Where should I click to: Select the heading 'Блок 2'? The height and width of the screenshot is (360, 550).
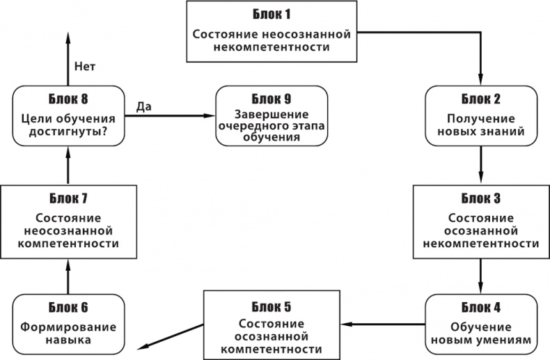pyautogui.click(x=480, y=97)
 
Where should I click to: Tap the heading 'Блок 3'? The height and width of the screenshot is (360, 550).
pyautogui.click(x=481, y=197)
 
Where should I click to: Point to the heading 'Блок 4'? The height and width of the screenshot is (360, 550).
pyautogui.click(x=480, y=306)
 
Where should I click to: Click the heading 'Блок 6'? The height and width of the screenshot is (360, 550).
pyautogui.click(x=68, y=306)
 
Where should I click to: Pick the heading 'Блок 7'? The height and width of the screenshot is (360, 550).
pyautogui.click(x=68, y=197)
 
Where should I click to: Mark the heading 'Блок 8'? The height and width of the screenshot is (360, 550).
pyautogui.click(x=68, y=97)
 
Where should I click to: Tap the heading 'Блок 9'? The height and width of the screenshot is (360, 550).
pyautogui.click(x=272, y=97)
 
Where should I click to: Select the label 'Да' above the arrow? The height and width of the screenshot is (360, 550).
pyautogui.click(x=143, y=107)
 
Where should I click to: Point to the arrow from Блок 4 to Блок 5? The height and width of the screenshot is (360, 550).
pyautogui.click(x=386, y=324)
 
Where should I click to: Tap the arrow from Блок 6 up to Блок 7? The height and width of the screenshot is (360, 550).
pyautogui.click(x=68, y=275)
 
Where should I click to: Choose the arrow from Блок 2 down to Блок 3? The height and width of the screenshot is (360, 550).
pyautogui.click(x=481, y=166)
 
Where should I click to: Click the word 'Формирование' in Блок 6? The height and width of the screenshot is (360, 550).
pyautogui.click(x=68, y=327)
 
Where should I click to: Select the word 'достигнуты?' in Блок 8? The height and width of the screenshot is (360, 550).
pyautogui.click(x=68, y=129)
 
